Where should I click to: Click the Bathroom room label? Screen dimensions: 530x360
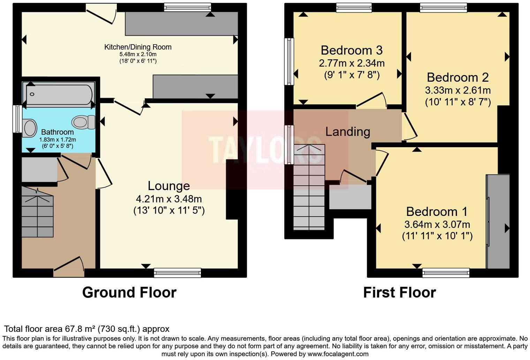(x=57, y=132)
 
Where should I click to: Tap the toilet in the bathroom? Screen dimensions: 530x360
(x=83, y=122)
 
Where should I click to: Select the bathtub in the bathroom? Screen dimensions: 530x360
(x=59, y=94)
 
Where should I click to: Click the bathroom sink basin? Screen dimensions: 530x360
(x=30, y=128)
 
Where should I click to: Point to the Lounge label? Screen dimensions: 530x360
(x=169, y=186)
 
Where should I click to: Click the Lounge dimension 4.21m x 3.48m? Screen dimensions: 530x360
(x=169, y=199)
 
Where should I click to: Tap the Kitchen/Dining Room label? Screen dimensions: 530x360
(x=138, y=47)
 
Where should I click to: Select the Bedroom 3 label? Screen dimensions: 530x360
(x=351, y=50)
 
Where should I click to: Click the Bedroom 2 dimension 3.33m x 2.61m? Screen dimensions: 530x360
(x=458, y=90)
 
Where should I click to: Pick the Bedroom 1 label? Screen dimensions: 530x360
(x=437, y=212)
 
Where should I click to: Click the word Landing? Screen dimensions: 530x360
(x=348, y=132)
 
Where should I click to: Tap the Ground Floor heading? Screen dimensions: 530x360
(x=129, y=293)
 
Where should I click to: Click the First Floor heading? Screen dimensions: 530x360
(x=400, y=293)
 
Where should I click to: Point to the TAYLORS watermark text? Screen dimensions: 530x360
(x=265, y=150)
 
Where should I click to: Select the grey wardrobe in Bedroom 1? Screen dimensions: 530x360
(x=498, y=222)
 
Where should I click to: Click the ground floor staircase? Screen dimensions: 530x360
(x=37, y=212)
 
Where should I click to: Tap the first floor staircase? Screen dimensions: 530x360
(x=309, y=187)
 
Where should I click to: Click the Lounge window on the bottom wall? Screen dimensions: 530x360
(x=177, y=273)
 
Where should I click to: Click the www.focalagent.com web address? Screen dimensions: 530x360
(x=338, y=354)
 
